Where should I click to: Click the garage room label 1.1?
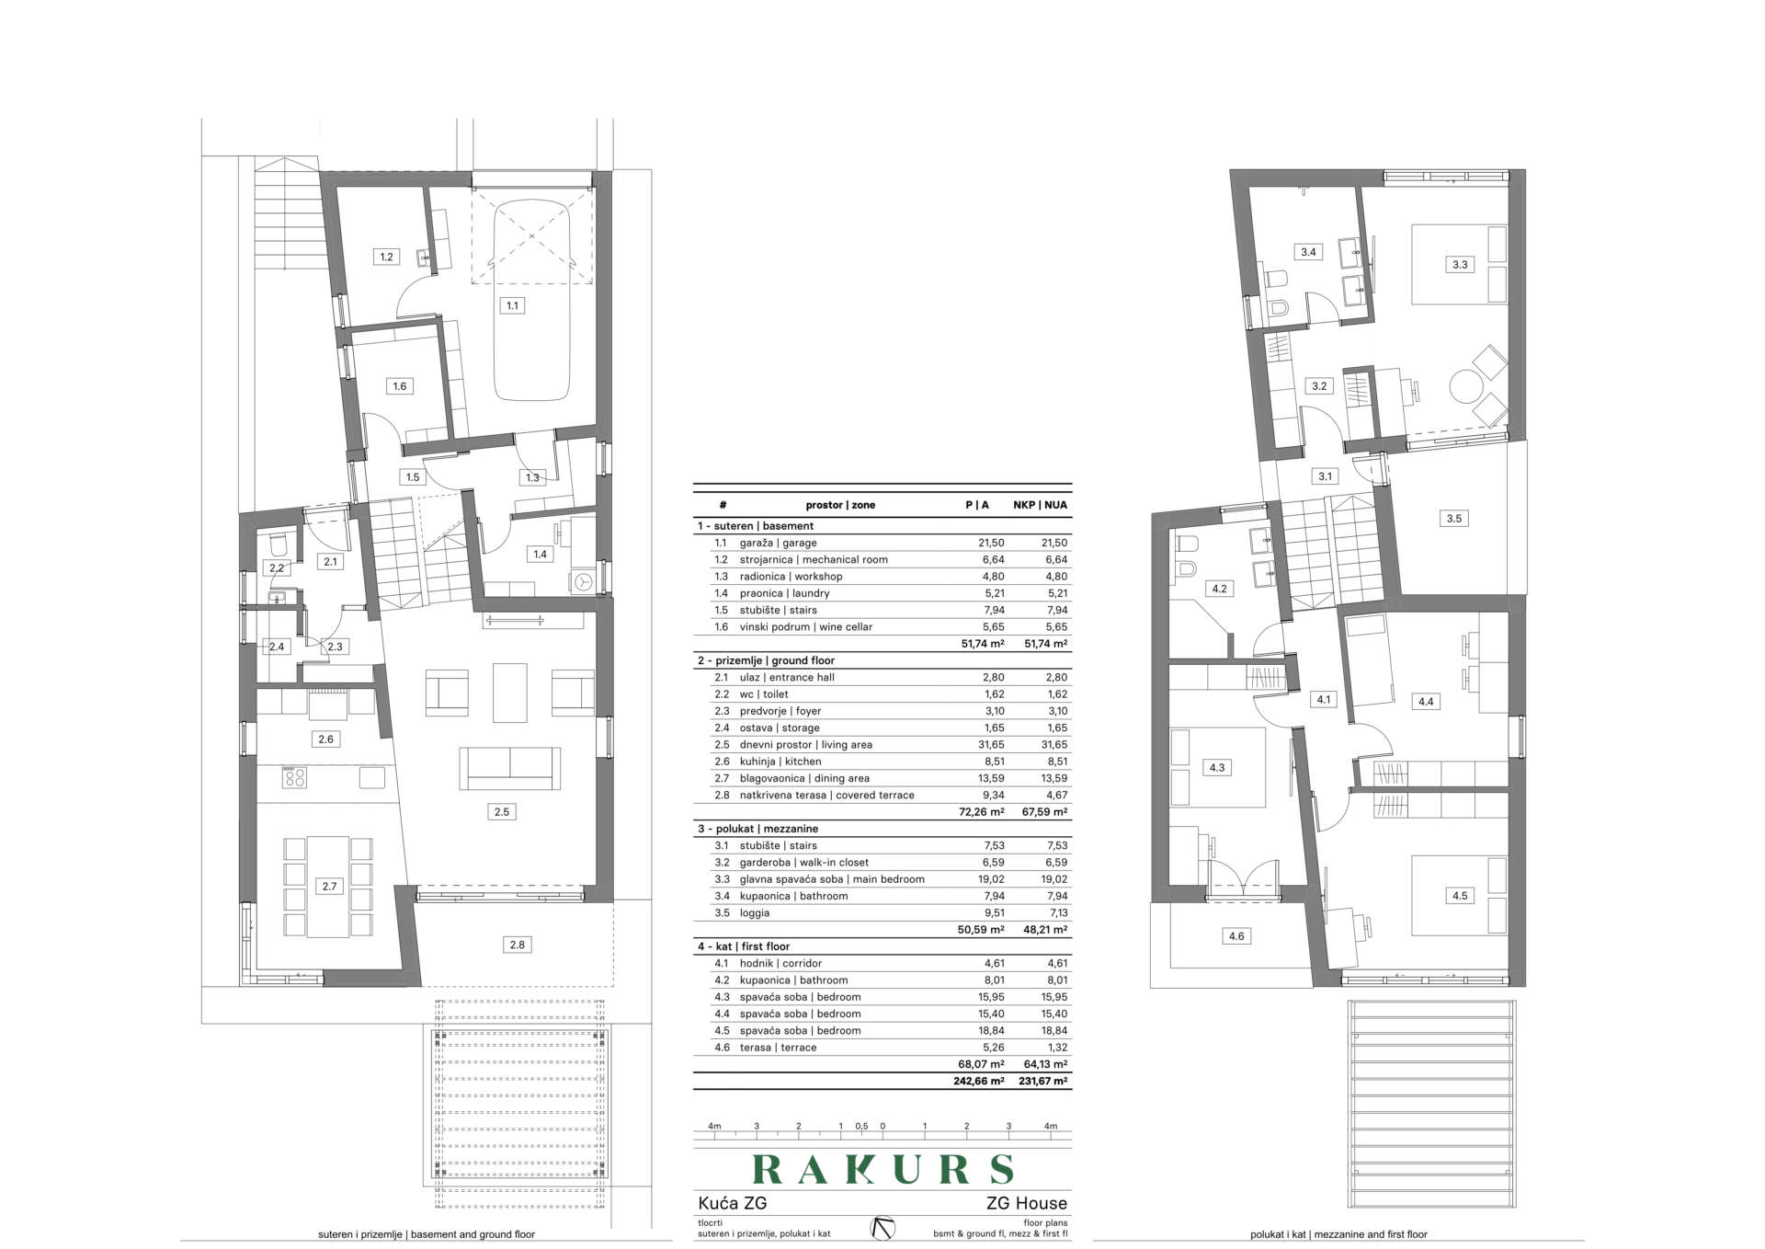pos(512,305)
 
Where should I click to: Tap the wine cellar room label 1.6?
pos(400,386)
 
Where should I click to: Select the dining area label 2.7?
pos(329,887)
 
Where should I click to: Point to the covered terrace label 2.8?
pos(518,945)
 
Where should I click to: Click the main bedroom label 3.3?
pos(1460,265)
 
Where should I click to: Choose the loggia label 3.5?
pos(1453,519)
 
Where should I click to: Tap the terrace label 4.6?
pos(1236,936)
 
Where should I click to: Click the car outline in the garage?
pos(531,301)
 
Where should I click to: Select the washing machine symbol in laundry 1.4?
pos(583,581)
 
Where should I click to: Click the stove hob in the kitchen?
pos(295,778)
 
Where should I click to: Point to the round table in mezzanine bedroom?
pos(1465,385)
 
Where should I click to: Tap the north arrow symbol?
pos(883,1228)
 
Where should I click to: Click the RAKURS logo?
pos(882,1169)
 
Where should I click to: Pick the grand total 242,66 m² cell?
pos(979,1082)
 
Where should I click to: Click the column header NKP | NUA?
pos(1041,505)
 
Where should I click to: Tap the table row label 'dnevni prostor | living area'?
pos(806,745)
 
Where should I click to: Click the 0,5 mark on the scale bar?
pos(861,1126)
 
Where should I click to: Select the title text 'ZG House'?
pos(1027,1203)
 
